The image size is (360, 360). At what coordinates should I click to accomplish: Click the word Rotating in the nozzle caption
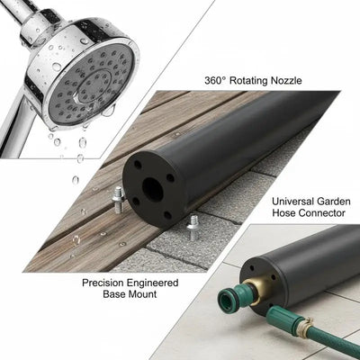pos(248,81)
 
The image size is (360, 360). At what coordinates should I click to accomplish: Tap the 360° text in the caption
pos(215,80)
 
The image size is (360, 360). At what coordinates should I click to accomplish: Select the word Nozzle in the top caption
pos(286,80)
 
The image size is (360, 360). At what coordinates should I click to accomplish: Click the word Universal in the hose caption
pos(293,201)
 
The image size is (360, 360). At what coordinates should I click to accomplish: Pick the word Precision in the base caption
pos(103,283)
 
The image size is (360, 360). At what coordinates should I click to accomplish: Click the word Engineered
pos(152,283)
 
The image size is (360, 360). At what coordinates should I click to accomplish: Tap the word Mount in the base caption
pos(142,294)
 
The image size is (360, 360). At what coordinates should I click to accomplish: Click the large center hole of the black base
pos(152,189)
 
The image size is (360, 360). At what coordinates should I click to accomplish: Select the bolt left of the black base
pos(118,199)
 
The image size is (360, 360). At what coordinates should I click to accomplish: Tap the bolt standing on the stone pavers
pos(192,228)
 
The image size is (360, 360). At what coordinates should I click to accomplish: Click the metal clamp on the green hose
pos(302,326)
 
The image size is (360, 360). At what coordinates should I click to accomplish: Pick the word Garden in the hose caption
pos(334,201)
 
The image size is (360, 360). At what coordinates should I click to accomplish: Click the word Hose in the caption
pos(284,213)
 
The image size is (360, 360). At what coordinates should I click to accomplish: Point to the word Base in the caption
pos(114,294)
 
